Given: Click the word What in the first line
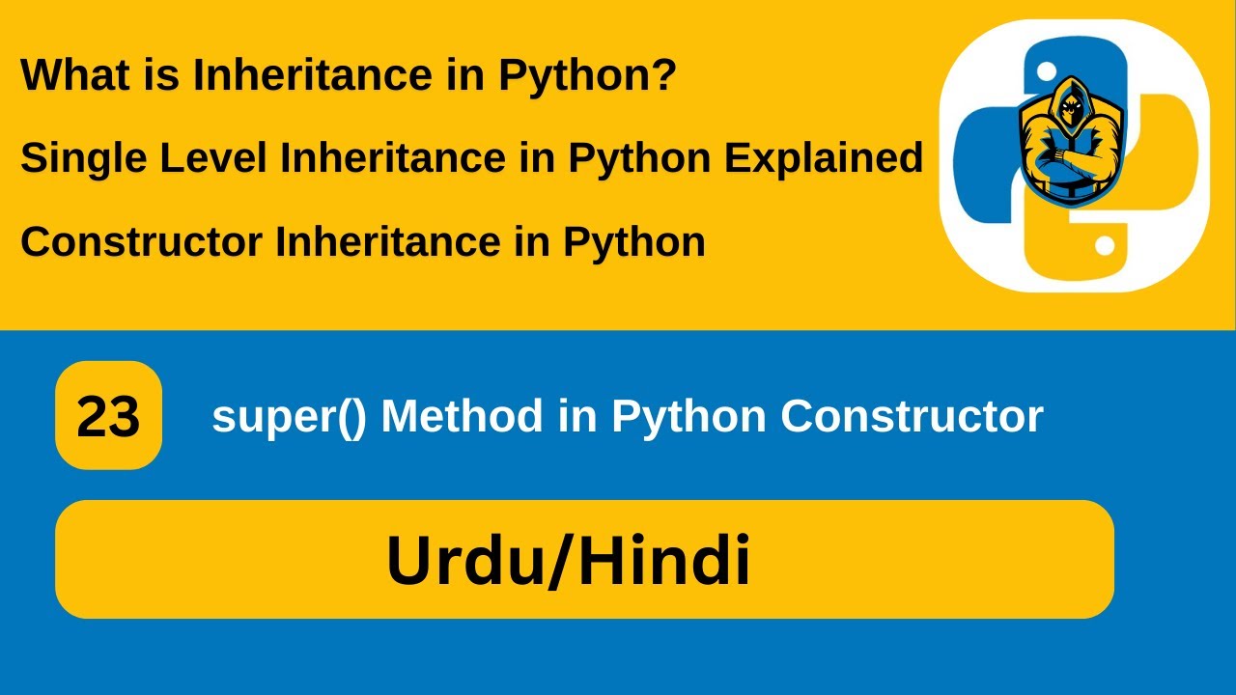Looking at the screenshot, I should pos(66,76).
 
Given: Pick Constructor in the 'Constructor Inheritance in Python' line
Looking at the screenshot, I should pos(141,241).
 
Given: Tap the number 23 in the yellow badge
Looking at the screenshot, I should pos(108,417).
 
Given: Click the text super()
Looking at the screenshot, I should pos(289,417).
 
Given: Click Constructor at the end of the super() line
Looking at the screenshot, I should pos(912,416).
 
